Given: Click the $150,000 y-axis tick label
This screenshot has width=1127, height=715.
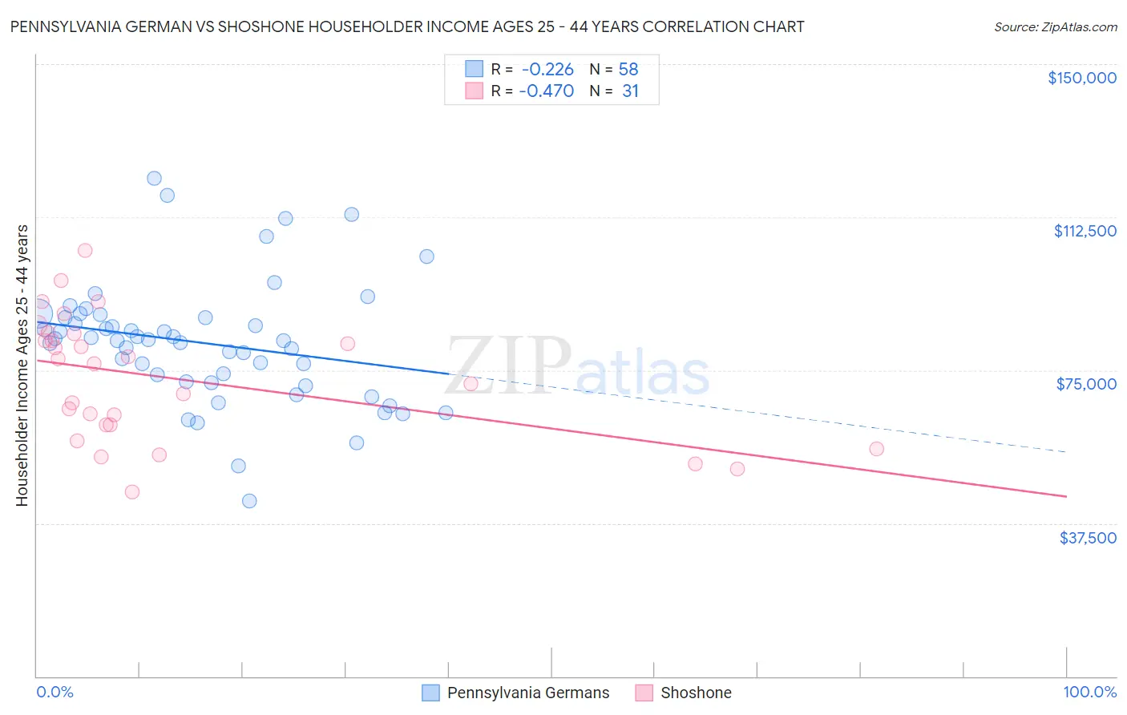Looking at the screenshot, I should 1081,78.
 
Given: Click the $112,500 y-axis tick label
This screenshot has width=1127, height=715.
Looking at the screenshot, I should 1085,231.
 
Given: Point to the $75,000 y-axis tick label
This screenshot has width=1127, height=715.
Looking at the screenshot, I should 1086,384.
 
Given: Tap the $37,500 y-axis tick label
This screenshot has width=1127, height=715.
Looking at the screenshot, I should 1088,538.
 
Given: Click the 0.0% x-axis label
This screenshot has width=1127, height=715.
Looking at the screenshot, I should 55,693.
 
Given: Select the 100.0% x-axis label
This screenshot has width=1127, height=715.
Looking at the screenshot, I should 1089,693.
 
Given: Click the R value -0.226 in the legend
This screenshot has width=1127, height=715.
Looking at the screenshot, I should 547,69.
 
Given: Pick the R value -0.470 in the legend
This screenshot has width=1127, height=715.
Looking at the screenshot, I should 546,91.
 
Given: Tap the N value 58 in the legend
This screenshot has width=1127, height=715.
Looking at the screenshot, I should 628,69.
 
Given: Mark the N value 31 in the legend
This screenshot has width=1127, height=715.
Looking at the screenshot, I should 630,91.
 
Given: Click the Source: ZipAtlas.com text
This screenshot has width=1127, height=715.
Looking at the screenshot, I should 1055,27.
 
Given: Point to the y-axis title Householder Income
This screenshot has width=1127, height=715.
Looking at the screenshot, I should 22,366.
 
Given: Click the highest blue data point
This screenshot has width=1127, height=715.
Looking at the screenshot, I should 154,179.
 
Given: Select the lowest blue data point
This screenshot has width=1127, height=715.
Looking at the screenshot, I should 249,501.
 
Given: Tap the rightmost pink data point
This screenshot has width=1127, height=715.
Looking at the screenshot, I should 876,449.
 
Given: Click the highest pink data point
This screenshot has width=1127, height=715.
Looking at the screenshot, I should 85,250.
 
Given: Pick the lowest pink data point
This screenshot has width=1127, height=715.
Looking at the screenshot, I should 132,492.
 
